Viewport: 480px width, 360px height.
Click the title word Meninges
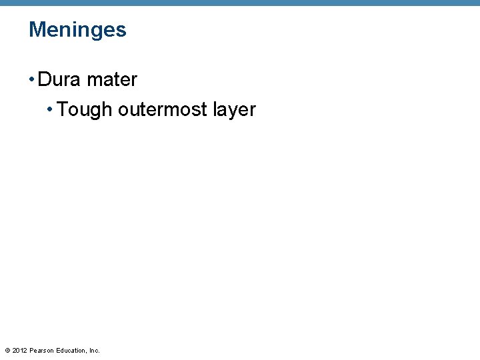[x=77, y=30]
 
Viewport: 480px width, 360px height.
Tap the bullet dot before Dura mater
[x=31, y=80]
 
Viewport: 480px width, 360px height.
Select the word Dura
[x=59, y=79]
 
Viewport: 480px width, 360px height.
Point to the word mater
[x=112, y=79]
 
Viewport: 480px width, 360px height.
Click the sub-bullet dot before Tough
[x=51, y=110]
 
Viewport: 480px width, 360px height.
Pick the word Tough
[x=85, y=110]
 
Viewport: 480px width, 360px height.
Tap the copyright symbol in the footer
[x=7, y=351]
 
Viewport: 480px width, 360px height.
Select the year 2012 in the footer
[x=19, y=351]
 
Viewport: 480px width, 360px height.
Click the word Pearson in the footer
[x=41, y=351]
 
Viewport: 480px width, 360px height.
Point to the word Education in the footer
[x=71, y=351]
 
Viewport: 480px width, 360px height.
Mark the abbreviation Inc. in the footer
[x=95, y=351]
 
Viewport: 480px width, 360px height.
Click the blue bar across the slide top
[x=240, y=3]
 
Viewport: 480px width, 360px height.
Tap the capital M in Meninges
[x=36, y=30]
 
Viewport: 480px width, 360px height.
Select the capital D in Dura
[x=44, y=79]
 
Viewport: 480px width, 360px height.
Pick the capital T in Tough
[x=63, y=109]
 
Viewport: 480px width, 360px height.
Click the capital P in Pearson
[x=31, y=351]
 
